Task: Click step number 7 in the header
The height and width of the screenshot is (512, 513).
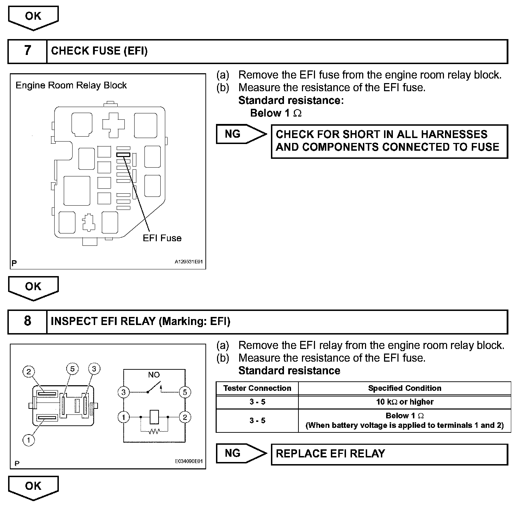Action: pyautogui.click(x=27, y=51)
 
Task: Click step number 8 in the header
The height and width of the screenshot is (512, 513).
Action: pyautogui.click(x=27, y=321)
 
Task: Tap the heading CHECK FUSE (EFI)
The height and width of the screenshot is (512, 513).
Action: pyautogui.click(x=99, y=51)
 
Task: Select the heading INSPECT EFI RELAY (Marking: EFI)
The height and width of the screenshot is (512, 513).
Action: pyautogui.click(x=141, y=321)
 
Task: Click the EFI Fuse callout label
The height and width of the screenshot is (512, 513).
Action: pyautogui.click(x=162, y=238)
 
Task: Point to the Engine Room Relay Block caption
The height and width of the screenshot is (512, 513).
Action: pyautogui.click(x=71, y=86)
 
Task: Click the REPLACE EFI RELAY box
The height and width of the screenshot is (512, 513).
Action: pyautogui.click(x=389, y=454)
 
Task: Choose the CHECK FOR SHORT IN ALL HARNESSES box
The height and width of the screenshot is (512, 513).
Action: pyautogui.click(x=389, y=141)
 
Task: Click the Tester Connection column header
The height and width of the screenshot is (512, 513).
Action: pyautogui.click(x=257, y=388)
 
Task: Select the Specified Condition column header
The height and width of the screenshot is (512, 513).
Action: pyautogui.click(x=404, y=388)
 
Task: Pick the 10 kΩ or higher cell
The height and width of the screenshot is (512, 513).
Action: pyautogui.click(x=404, y=402)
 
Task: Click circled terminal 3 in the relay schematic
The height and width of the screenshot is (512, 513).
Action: pyautogui.click(x=123, y=392)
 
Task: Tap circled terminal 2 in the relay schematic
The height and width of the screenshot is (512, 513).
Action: pyautogui.click(x=185, y=417)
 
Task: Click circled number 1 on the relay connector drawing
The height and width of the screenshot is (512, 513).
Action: pyautogui.click(x=29, y=439)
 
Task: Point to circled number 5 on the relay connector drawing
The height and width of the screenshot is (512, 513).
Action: pyautogui.click(x=72, y=369)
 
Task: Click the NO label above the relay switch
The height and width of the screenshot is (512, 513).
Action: pyautogui.click(x=154, y=375)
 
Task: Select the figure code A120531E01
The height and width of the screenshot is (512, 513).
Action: pyautogui.click(x=188, y=262)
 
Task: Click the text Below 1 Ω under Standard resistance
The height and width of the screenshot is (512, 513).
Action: pyautogui.click(x=276, y=113)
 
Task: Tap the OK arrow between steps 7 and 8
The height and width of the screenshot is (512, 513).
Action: pyautogui.click(x=33, y=287)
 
